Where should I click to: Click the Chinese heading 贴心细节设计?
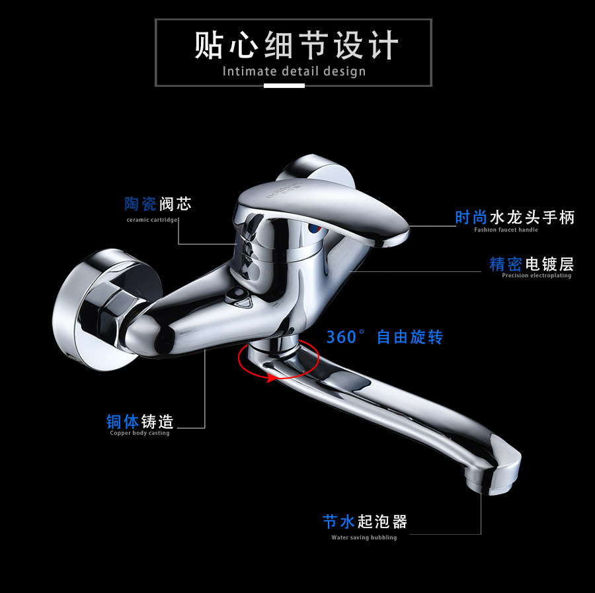296,46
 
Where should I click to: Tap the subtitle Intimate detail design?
294,71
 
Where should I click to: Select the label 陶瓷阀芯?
158,204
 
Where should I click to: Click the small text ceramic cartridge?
153,220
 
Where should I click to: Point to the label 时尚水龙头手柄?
515,217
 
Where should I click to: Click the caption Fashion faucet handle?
506,230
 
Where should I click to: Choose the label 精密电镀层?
532,264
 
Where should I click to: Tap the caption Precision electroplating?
536,275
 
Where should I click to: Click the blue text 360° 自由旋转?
384,337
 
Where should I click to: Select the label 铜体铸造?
139,422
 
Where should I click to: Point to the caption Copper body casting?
139,433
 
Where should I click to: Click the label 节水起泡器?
365,522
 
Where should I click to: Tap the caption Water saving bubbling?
364,537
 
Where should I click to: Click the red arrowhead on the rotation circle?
270,379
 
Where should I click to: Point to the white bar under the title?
284,85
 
